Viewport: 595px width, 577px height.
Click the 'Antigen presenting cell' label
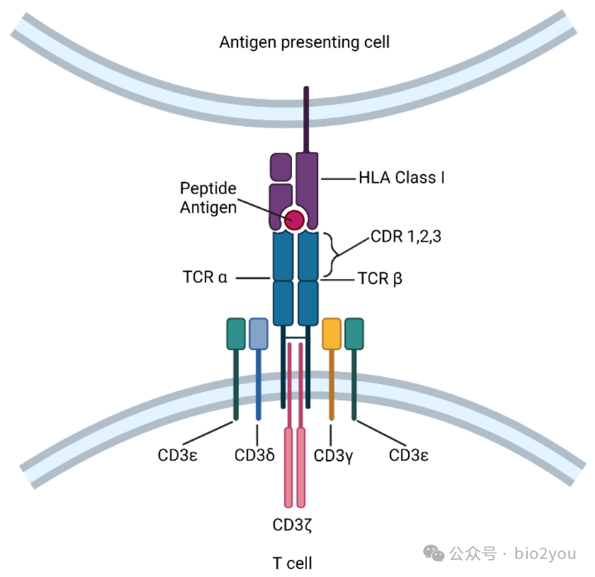[304, 42]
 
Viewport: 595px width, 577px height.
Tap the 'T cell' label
[292, 563]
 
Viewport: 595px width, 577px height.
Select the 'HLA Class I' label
[401, 176]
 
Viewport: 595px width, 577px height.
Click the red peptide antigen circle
[294, 219]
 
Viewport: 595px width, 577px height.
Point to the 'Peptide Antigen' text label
[208, 197]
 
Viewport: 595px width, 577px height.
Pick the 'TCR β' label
[379, 278]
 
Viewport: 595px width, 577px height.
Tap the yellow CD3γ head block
[332, 334]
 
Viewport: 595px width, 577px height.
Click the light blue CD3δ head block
[258, 334]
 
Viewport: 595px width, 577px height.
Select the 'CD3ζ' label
[291, 524]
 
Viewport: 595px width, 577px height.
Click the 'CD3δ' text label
[255, 455]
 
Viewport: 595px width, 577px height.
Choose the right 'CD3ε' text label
[409, 455]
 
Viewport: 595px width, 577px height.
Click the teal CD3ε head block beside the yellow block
[354, 334]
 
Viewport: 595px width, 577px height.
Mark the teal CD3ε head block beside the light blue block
[236, 334]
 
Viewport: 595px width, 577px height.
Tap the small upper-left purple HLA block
[280, 167]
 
